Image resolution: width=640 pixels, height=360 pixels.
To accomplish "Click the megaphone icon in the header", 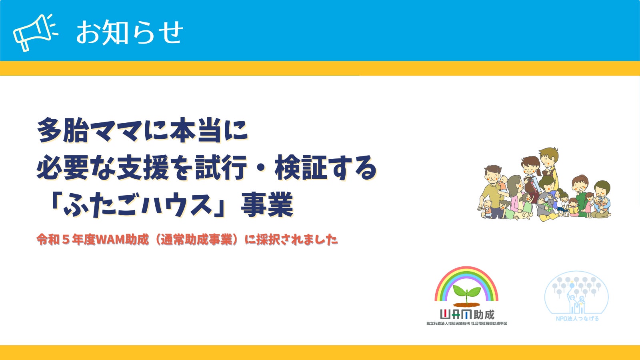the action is (35, 32).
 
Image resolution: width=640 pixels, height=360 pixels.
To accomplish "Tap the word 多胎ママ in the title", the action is (90, 130).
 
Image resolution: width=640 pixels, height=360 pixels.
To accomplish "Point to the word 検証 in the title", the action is (301, 168).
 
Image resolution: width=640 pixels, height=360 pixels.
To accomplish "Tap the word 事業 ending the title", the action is (268, 204).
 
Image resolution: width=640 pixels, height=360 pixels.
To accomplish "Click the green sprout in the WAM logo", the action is (467, 293).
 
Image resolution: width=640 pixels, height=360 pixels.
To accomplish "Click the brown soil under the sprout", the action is (467, 304).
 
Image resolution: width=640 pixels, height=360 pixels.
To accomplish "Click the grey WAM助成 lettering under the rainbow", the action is (467, 314).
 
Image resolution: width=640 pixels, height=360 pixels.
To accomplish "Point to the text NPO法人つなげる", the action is (577, 318).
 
